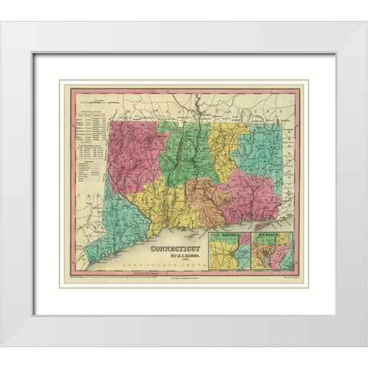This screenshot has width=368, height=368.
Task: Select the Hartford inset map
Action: click(x=232, y=251)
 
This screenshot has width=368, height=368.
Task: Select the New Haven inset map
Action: click(x=274, y=251)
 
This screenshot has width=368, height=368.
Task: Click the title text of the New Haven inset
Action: click(x=274, y=235)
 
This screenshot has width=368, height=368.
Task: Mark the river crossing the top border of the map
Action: click(x=199, y=98)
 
